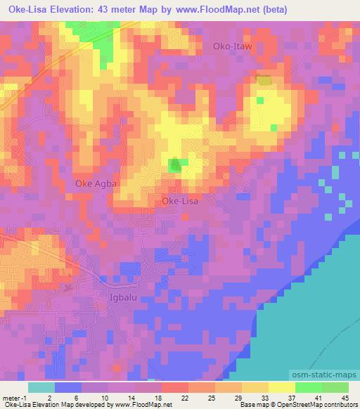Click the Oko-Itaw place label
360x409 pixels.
[x=232, y=46]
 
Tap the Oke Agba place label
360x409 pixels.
[x=98, y=183]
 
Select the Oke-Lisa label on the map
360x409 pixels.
[x=180, y=201]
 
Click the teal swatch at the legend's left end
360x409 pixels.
[x=41, y=387]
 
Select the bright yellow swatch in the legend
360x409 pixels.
[x=281, y=387]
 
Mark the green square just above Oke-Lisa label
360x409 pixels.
[x=178, y=164]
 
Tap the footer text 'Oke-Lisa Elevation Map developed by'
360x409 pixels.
[x=48, y=405]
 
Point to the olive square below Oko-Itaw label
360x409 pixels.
[x=263, y=81]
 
